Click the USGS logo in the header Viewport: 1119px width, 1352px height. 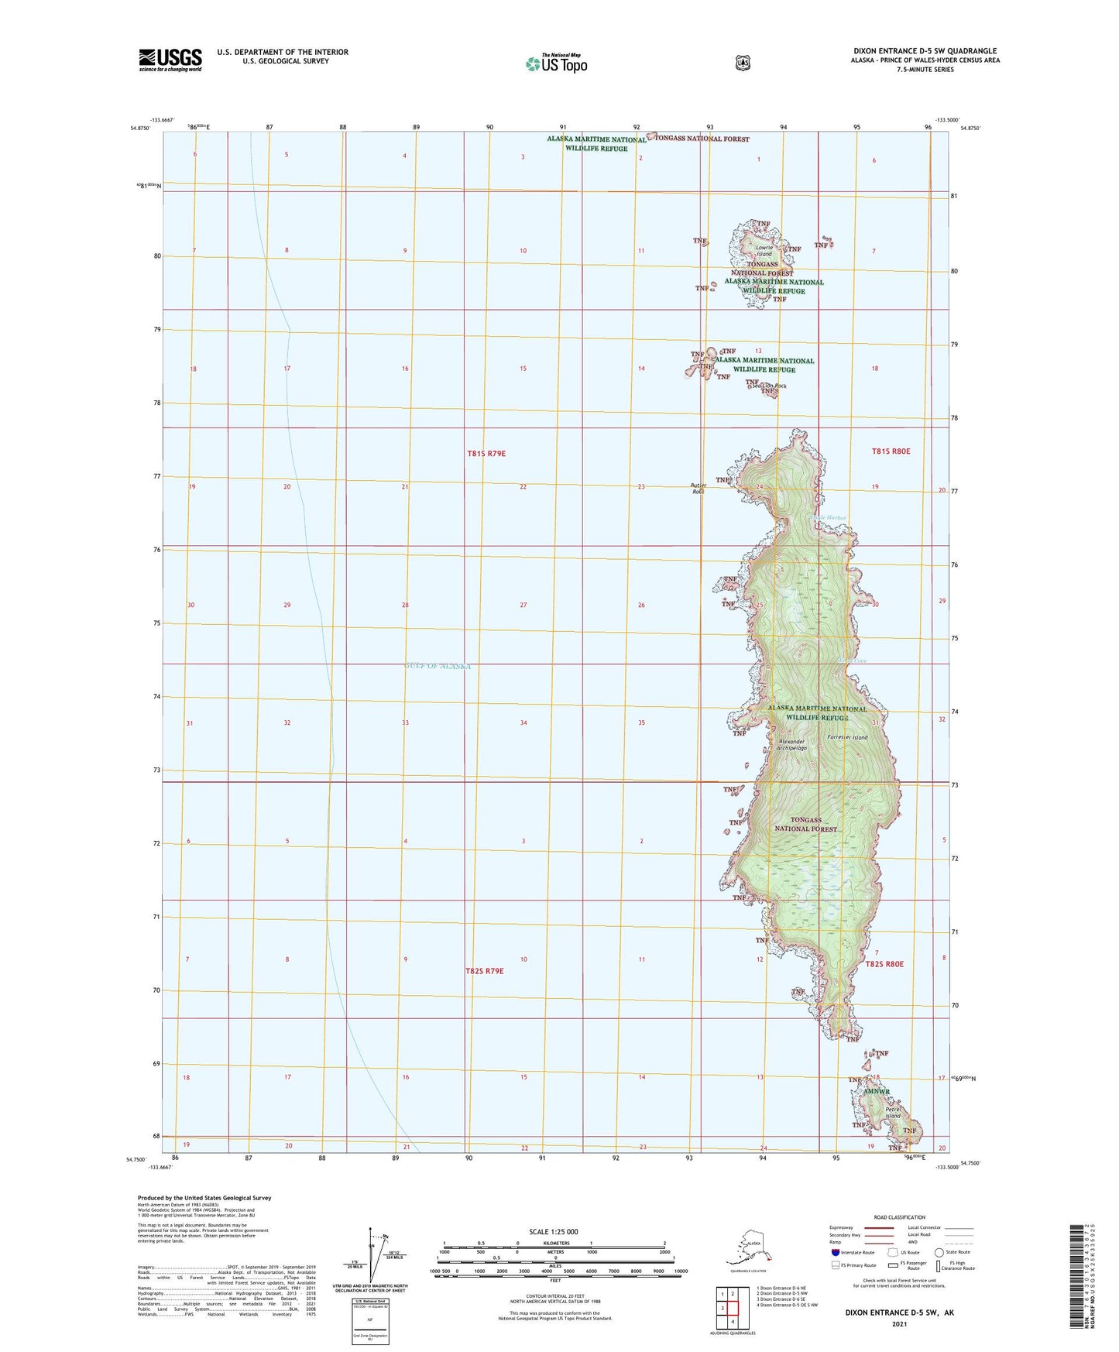coord(170,60)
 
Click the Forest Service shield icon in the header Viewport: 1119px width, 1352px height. coord(743,63)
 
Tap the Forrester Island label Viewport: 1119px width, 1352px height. coord(847,737)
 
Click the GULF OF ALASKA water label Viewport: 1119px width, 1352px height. coord(438,666)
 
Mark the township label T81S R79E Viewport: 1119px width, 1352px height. coord(486,453)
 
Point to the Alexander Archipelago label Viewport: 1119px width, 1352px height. coord(792,745)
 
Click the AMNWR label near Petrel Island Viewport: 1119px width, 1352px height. coord(878,1092)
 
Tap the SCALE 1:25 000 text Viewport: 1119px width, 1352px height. coord(554,1232)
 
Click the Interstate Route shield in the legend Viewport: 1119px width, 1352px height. coord(835,1252)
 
